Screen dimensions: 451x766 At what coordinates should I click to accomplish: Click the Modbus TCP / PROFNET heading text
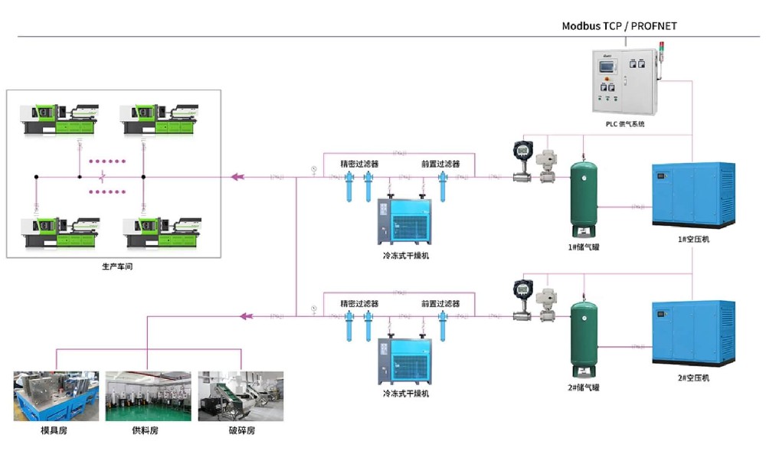point(619,26)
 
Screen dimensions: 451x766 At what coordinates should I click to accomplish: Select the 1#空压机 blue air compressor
point(692,196)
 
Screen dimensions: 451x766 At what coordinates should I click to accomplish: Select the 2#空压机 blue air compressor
point(692,334)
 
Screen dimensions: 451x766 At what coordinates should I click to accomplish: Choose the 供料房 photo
point(148,396)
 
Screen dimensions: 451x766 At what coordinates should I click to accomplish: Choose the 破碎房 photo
point(241,396)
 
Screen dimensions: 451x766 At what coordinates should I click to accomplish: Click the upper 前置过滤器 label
point(440,164)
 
